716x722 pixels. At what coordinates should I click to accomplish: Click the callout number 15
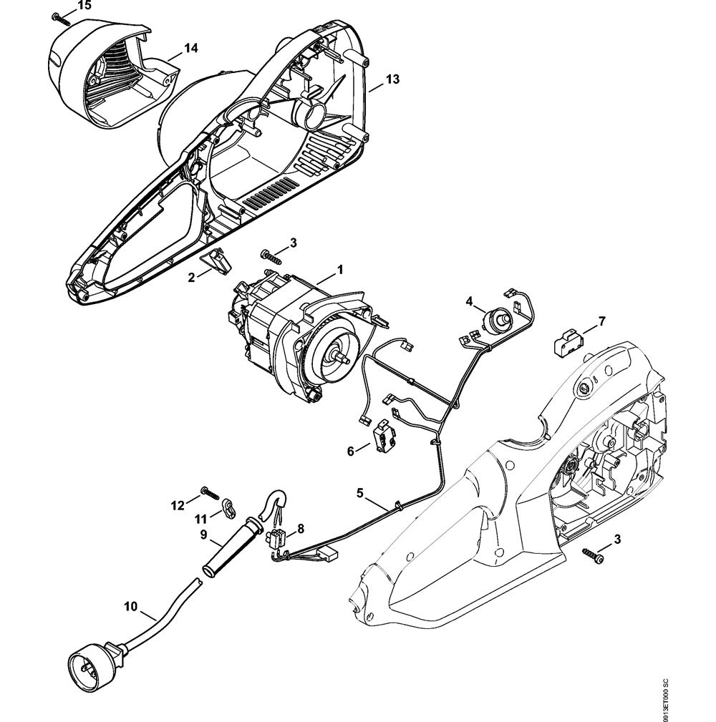click(84, 6)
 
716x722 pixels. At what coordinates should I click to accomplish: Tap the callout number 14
click(190, 49)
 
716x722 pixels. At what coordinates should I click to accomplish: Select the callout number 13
click(392, 79)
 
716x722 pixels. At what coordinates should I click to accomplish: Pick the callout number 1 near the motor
click(340, 270)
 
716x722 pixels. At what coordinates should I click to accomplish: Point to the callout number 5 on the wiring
click(360, 492)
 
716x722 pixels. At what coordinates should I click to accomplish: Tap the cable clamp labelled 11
click(229, 507)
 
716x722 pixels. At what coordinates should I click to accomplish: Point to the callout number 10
click(130, 606)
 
